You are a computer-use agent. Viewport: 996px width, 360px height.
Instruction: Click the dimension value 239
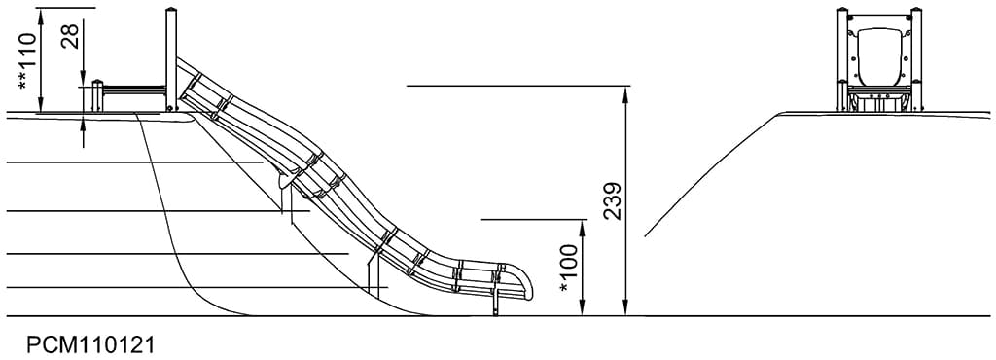613,200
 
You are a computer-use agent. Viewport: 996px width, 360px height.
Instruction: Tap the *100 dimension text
569,270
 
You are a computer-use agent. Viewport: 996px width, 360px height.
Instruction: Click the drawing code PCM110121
90,345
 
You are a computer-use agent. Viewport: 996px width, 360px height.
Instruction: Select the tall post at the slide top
171,59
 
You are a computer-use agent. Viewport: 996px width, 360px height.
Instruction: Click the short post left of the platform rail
97,96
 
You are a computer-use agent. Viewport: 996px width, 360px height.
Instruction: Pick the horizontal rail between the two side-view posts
134,90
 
